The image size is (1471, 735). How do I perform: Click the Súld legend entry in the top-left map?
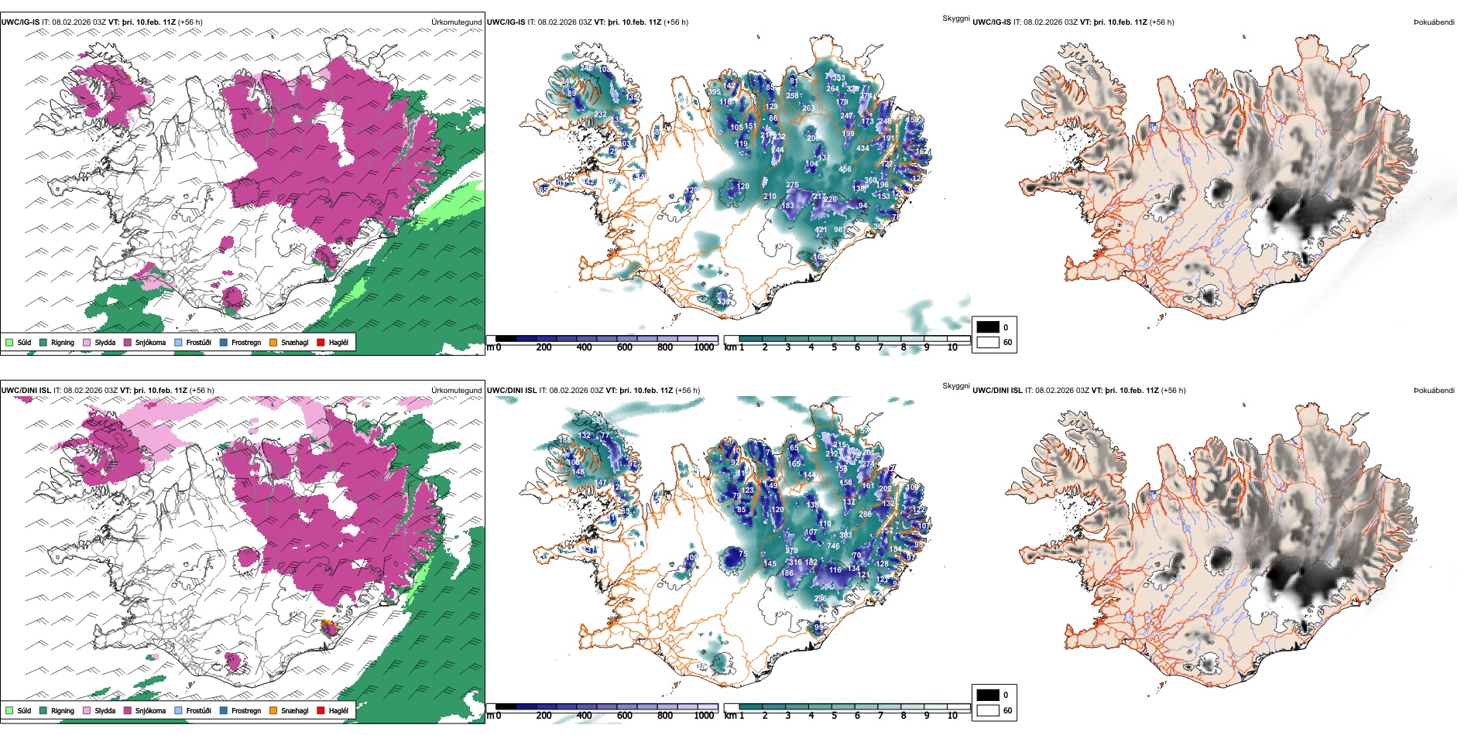point(19,342)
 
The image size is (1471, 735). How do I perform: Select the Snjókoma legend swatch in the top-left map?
point(128,342)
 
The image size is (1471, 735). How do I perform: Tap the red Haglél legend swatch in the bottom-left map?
point(321,710)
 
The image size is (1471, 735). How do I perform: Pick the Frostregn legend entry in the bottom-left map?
point(241,710)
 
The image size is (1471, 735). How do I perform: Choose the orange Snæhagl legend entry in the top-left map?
point(289,342)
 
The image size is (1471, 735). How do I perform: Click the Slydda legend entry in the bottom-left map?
point(99,710)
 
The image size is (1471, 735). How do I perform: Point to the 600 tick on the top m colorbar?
point(625,347)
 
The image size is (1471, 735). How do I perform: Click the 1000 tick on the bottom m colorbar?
point(704,716)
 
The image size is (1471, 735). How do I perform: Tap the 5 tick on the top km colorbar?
point(835,347)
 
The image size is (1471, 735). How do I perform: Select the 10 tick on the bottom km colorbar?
point(952,716)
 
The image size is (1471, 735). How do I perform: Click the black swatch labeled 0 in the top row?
point(988,327)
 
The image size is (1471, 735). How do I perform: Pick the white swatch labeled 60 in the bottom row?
point(988,710)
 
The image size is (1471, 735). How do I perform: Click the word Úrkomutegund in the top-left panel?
point(456,22)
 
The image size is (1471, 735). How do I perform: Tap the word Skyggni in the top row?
point(955,19)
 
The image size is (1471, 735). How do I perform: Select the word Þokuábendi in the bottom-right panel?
point(1434,391)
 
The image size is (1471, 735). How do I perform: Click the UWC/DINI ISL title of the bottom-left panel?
point(26,391)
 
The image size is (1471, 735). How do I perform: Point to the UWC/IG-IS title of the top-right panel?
point(992,22)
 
